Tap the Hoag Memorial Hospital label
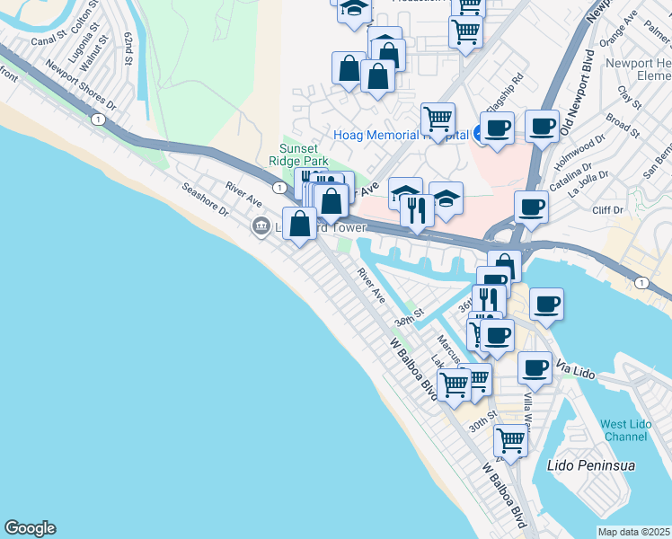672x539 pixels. point(402,136)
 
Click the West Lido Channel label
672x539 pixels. point(624,430)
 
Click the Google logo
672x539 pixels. point(30,528)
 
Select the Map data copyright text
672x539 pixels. point(634,532)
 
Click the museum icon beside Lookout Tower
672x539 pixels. point(261,225)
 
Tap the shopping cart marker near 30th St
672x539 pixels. point(510,440)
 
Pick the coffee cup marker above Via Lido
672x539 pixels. point(535,366)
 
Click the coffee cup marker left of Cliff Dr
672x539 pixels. point(532,206)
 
